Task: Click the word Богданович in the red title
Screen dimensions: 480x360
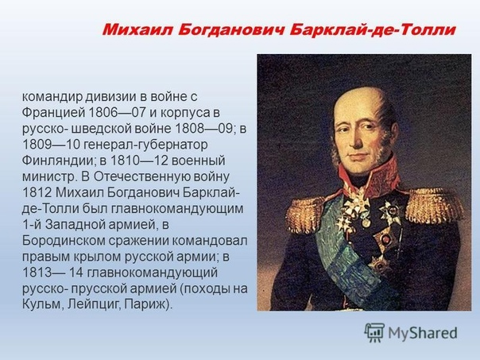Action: click(x=230, y=31)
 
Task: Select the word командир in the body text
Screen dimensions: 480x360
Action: click(x=52, y=97)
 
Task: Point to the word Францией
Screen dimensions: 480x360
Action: click(x=53, y=113)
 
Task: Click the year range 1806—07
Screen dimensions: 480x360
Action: click(x=117, y=113)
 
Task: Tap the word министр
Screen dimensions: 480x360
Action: click(x=49, y=177)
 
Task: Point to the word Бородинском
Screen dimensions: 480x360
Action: click(x=64, y=241)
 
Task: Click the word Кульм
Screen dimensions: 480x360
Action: click(x=43, y=305)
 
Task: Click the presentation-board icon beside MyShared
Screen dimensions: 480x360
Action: click(x=374, y=332)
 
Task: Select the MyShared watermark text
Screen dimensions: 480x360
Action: click(x=423, y=333)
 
